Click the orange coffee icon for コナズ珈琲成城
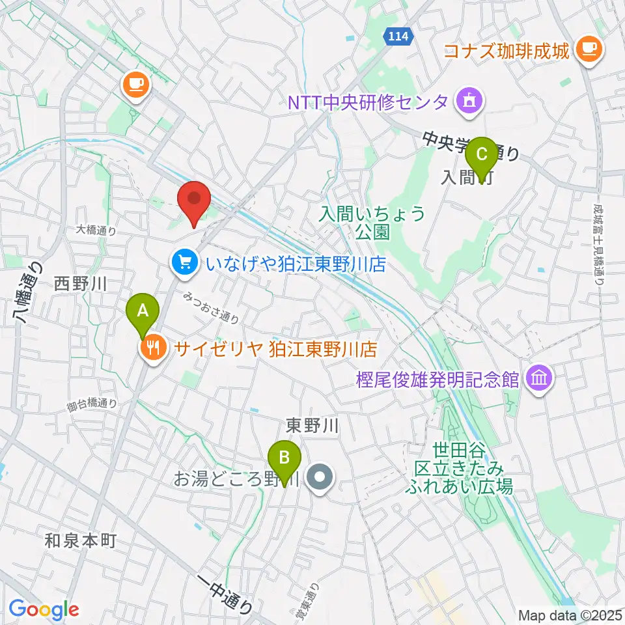coord(590,48)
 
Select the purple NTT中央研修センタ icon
coord(468,101)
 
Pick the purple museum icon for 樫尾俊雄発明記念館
coord(541,377)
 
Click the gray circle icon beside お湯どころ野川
coord(320,480)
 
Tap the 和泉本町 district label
coord(80,540)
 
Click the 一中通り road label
coord(225,594)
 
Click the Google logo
coord(44,610)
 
